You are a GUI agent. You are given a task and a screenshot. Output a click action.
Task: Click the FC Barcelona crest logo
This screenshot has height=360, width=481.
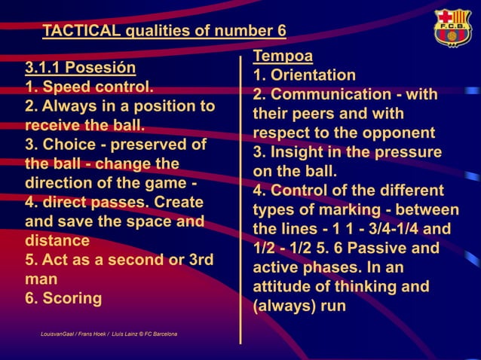click(452, 28)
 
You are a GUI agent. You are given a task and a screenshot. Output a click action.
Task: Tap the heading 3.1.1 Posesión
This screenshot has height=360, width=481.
click(81, 67)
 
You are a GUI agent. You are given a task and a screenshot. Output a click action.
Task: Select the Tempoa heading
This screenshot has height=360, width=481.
click(283, 55)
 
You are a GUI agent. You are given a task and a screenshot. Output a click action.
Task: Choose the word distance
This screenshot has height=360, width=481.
click(57, 241)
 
